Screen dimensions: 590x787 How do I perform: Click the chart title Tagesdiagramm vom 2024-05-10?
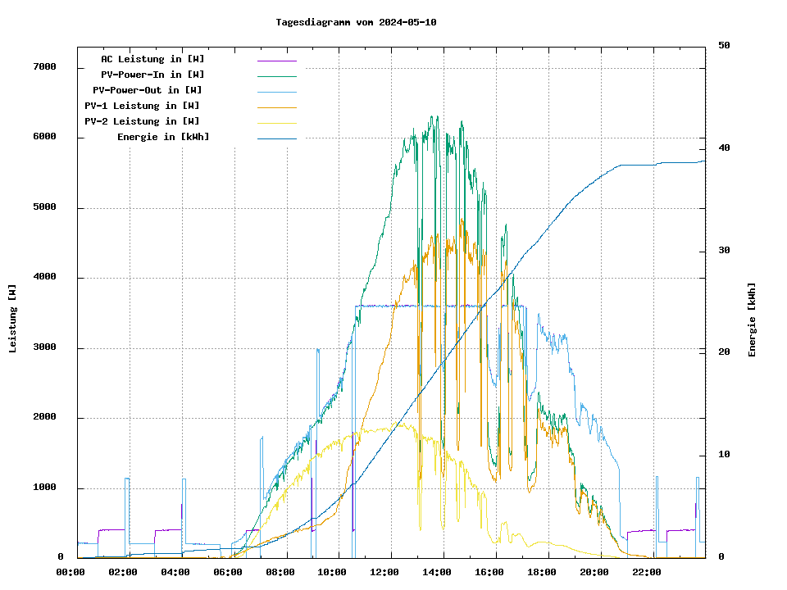point(356,22)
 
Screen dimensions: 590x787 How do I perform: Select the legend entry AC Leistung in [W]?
point(152,59)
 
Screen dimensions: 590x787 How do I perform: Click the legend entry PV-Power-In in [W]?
point(152,75)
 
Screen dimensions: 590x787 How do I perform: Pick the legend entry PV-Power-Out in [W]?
point(148,90)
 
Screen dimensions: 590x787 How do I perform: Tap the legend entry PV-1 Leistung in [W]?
point(142,106)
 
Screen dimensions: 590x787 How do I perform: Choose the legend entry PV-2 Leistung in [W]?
point(142,121)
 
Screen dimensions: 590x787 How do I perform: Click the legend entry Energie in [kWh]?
point(163,137)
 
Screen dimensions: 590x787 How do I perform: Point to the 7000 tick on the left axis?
point(44,67)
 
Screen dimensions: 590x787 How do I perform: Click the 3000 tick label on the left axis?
point(44,348)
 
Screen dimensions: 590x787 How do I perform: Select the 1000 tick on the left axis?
point(44,488)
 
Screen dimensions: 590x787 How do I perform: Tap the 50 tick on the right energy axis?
point(724,46)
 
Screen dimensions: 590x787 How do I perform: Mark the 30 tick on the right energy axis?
point(724,251)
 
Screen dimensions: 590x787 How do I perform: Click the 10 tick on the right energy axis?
point(724,455)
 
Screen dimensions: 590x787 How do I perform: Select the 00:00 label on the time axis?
point(71,572)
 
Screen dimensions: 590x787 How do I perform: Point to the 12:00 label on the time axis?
point(384,572)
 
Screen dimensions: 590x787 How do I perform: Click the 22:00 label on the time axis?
point(647,572)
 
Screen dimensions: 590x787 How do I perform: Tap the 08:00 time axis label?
point(280,572)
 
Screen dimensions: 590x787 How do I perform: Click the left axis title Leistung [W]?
point(13,318)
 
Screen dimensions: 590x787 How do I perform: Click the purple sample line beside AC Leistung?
point(276,60)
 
